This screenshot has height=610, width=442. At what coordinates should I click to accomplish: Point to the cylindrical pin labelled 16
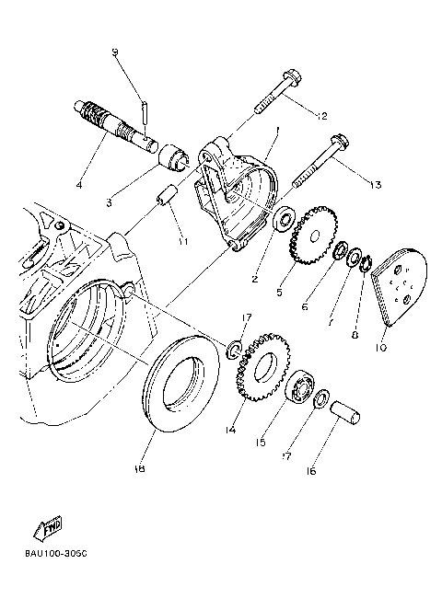tap(354, 409)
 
